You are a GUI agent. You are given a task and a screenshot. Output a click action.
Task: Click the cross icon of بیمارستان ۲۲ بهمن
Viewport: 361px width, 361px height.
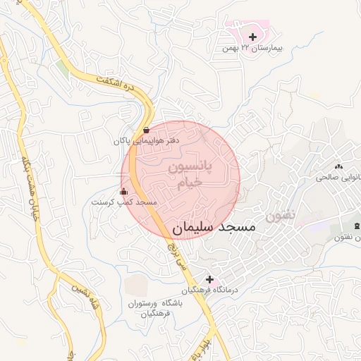[x=253, y=36]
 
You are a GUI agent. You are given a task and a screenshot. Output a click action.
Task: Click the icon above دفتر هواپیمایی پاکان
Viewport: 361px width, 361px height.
[x=146, y=130]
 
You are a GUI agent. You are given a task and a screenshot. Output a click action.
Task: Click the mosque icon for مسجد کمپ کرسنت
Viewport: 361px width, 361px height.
[x=124, y=191]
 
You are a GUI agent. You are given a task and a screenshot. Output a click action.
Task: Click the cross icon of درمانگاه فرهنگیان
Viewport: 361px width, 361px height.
[x=209, y=279]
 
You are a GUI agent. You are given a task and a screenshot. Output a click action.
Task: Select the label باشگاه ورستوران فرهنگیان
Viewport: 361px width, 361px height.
[x=155, y=307]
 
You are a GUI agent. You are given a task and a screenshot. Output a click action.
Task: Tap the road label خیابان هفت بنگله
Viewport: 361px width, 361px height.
[x=30, y=190]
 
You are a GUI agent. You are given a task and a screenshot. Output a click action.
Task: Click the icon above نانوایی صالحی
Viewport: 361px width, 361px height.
[x=338, y=166]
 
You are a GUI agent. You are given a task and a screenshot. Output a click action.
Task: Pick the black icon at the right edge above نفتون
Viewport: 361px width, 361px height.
[x=357, y=225]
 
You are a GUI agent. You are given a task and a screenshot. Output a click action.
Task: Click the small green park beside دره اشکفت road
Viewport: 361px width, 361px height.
[x=63, y=69]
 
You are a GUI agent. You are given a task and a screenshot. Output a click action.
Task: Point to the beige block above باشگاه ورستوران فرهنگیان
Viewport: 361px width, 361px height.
[x=137, y=283]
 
